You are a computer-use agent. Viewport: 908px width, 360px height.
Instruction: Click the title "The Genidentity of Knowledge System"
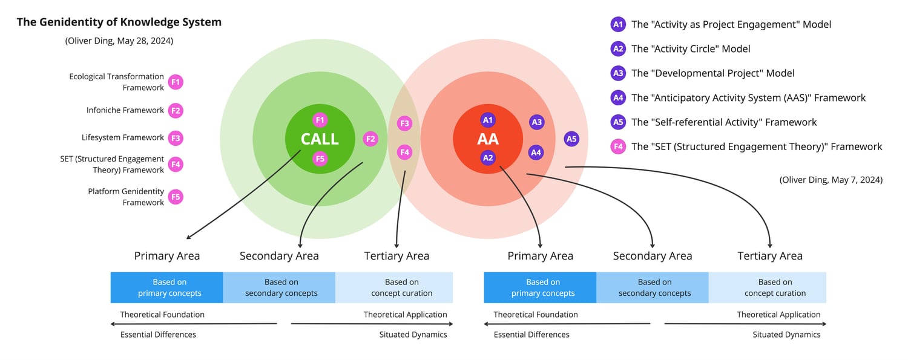click(119, 22)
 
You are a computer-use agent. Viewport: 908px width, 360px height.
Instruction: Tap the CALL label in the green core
click(320, 139)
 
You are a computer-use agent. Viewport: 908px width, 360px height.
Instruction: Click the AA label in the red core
click(488, 139)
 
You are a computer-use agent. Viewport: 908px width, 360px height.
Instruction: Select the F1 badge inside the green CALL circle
click(320, 120)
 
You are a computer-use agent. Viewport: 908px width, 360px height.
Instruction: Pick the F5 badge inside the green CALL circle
click(320, 159)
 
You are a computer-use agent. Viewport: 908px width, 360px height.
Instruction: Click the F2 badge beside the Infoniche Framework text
click(176, 111)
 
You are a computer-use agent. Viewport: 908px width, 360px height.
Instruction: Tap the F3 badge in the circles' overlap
click(404, 124)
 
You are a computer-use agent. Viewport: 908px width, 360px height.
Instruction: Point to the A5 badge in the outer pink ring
click(571, 139)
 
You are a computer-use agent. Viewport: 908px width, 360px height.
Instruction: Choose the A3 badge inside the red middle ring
click(536, 122)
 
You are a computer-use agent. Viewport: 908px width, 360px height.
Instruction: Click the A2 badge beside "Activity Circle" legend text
click(618, 49)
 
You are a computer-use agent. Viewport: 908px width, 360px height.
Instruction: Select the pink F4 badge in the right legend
click(618, 146)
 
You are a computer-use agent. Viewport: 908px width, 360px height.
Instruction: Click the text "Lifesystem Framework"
click(123, 138)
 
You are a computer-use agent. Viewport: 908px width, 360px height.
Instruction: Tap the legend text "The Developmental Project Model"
click(712, 73)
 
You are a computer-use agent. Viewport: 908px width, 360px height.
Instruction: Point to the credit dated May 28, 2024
click(119, 41)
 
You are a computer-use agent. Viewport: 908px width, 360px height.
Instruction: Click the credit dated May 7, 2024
click(831, 180)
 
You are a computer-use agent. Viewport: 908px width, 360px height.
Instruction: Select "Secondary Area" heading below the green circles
click(279, 256)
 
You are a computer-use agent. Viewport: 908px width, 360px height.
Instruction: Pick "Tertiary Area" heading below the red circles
click(770, 256)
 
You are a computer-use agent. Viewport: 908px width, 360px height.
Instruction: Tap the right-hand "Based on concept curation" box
click(775, 287)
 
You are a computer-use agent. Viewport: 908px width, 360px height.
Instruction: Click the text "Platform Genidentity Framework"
click(126, 197)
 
